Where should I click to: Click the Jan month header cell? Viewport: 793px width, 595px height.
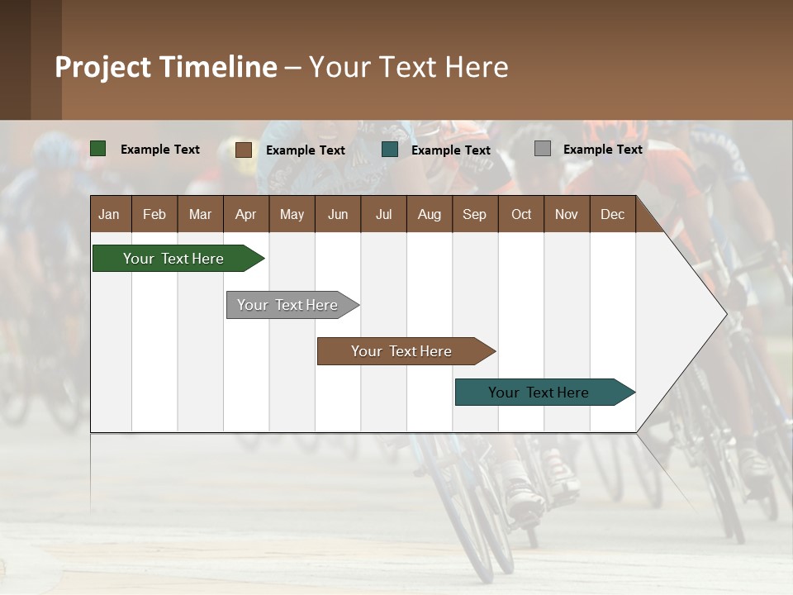pos(110,214)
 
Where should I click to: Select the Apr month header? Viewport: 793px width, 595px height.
pos(245,214)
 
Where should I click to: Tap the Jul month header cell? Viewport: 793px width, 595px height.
pos(383,214)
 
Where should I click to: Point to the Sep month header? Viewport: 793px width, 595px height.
pos(474,214)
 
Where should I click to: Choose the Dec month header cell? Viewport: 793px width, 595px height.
pos(612,214)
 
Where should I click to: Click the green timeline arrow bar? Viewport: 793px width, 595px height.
pos(173,259)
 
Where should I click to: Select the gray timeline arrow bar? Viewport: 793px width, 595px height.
pos(287,305)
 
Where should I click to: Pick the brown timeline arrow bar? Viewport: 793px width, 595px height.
pos(401,351)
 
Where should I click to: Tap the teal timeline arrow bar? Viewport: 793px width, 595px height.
pos(539,393)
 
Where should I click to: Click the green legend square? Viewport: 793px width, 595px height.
pos(98,149)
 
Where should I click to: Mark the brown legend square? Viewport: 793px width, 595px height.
pos(243,150)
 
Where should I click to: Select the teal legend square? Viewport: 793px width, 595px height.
pos(390,150)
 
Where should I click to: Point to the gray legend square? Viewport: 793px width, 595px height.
pos(543,149)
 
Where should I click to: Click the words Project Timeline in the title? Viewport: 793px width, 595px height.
pos(166,67)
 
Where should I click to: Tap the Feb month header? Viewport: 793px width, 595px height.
pos(154,214)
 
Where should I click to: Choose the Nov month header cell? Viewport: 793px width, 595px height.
pos(567,214)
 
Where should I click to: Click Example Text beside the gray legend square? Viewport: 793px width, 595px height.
pos(602,149)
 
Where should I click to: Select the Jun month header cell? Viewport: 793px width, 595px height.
pos(338,214)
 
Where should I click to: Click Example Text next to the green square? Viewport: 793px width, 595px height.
pos(160,149)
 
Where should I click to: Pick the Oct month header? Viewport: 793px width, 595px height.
pos(521,214)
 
